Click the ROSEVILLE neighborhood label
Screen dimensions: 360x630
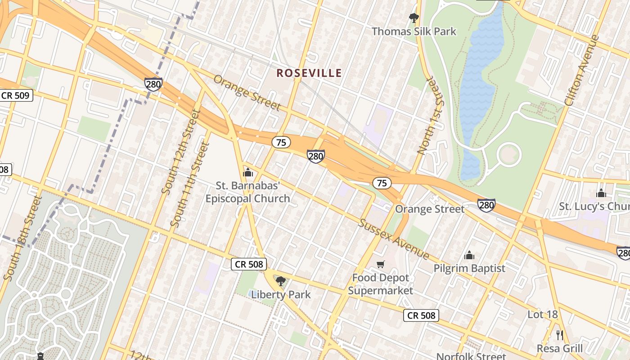coord(309,73)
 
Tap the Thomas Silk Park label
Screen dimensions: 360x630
coord(414,31)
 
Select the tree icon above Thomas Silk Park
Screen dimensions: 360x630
coord(414,18)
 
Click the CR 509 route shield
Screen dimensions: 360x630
coord(16,95)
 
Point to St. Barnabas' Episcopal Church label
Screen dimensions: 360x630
coord(247,192)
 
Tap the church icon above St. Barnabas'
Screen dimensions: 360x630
coord(247,172)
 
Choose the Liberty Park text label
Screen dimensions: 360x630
coord(281,295)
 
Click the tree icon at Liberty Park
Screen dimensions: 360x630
coord(280,281)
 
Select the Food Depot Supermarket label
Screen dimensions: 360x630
coord(381,284)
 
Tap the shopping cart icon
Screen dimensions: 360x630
coord(381,264)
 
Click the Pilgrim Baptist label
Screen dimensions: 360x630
coord(469,269)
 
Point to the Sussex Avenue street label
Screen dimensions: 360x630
coord(394,239)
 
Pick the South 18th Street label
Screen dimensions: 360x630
coord(22,238)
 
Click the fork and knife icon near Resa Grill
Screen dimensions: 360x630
coord(560,335)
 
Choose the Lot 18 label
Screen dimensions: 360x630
coord(542,315)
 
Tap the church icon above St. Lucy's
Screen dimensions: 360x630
coord(601,193)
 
